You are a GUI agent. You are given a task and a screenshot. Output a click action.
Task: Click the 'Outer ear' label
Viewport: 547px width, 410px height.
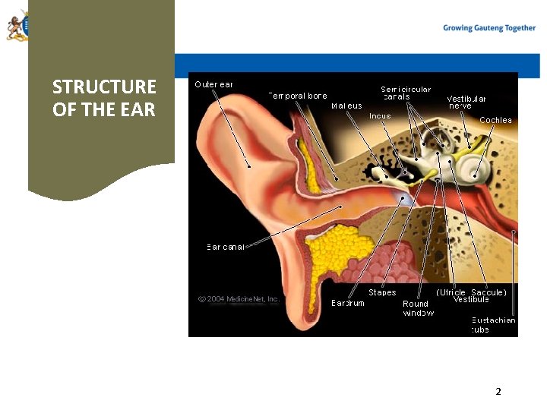click(x=213, y=84)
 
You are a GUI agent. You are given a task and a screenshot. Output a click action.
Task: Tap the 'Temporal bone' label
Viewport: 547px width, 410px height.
click(x=298, y=96)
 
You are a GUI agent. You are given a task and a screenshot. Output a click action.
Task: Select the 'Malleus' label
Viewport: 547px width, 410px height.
click(x=346, y=106)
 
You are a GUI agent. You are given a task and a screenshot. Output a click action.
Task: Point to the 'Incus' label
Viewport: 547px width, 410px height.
click(x=380, y=116)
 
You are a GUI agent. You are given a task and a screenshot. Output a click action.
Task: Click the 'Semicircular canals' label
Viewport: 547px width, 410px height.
click(x=406, y=93)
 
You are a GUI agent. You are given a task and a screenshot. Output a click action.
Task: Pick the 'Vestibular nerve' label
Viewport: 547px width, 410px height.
click(x=466, y=102)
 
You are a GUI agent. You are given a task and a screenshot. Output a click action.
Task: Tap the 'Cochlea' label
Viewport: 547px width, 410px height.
click(x=495, y=120)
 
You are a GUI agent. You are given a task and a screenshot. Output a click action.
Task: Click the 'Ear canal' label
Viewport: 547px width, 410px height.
click(x=226, y=247)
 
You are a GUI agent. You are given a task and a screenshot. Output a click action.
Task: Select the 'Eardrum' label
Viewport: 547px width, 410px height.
click(x=348, y=303)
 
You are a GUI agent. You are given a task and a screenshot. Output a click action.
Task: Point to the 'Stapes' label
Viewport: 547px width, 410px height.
click(x=382, y=292)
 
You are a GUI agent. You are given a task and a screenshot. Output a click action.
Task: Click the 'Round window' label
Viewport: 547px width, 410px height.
click(x=419, y=308)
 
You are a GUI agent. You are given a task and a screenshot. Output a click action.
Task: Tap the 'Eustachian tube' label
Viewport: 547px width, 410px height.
click(x=493, y=324)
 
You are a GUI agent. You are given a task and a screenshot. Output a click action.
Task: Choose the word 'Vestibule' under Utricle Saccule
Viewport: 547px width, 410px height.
click(x=471, y=299)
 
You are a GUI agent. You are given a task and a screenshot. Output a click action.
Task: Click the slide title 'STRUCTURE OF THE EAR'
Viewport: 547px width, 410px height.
click(x=104, y=98)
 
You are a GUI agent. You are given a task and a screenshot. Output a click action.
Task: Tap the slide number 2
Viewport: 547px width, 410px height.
click(x=498, y=392)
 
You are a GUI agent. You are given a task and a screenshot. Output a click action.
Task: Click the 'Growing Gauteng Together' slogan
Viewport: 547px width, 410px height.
click(x=489, y=28)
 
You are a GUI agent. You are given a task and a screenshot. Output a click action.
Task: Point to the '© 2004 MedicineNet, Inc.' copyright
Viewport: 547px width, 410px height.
click(x=239, y=298)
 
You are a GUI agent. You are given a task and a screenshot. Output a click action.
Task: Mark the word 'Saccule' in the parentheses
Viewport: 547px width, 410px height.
click(x=489, y=292)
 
